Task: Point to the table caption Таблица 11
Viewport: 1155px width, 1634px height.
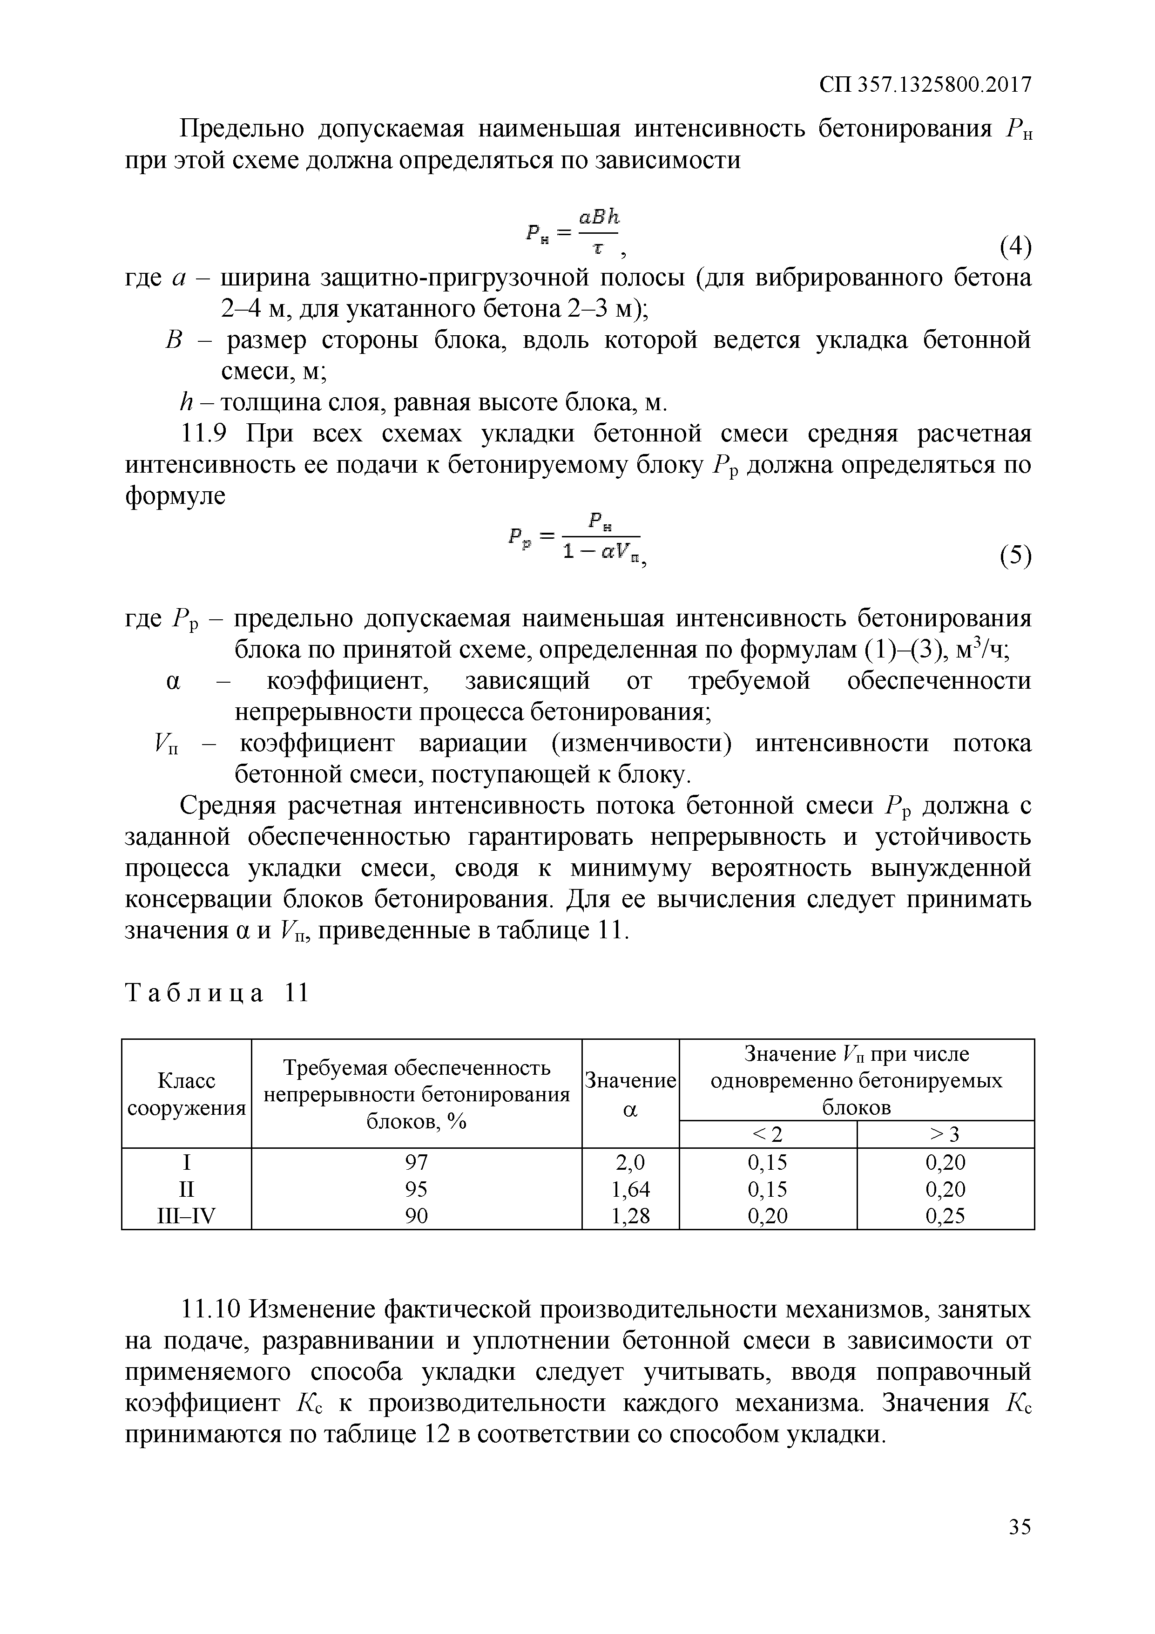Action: pos(217,992)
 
